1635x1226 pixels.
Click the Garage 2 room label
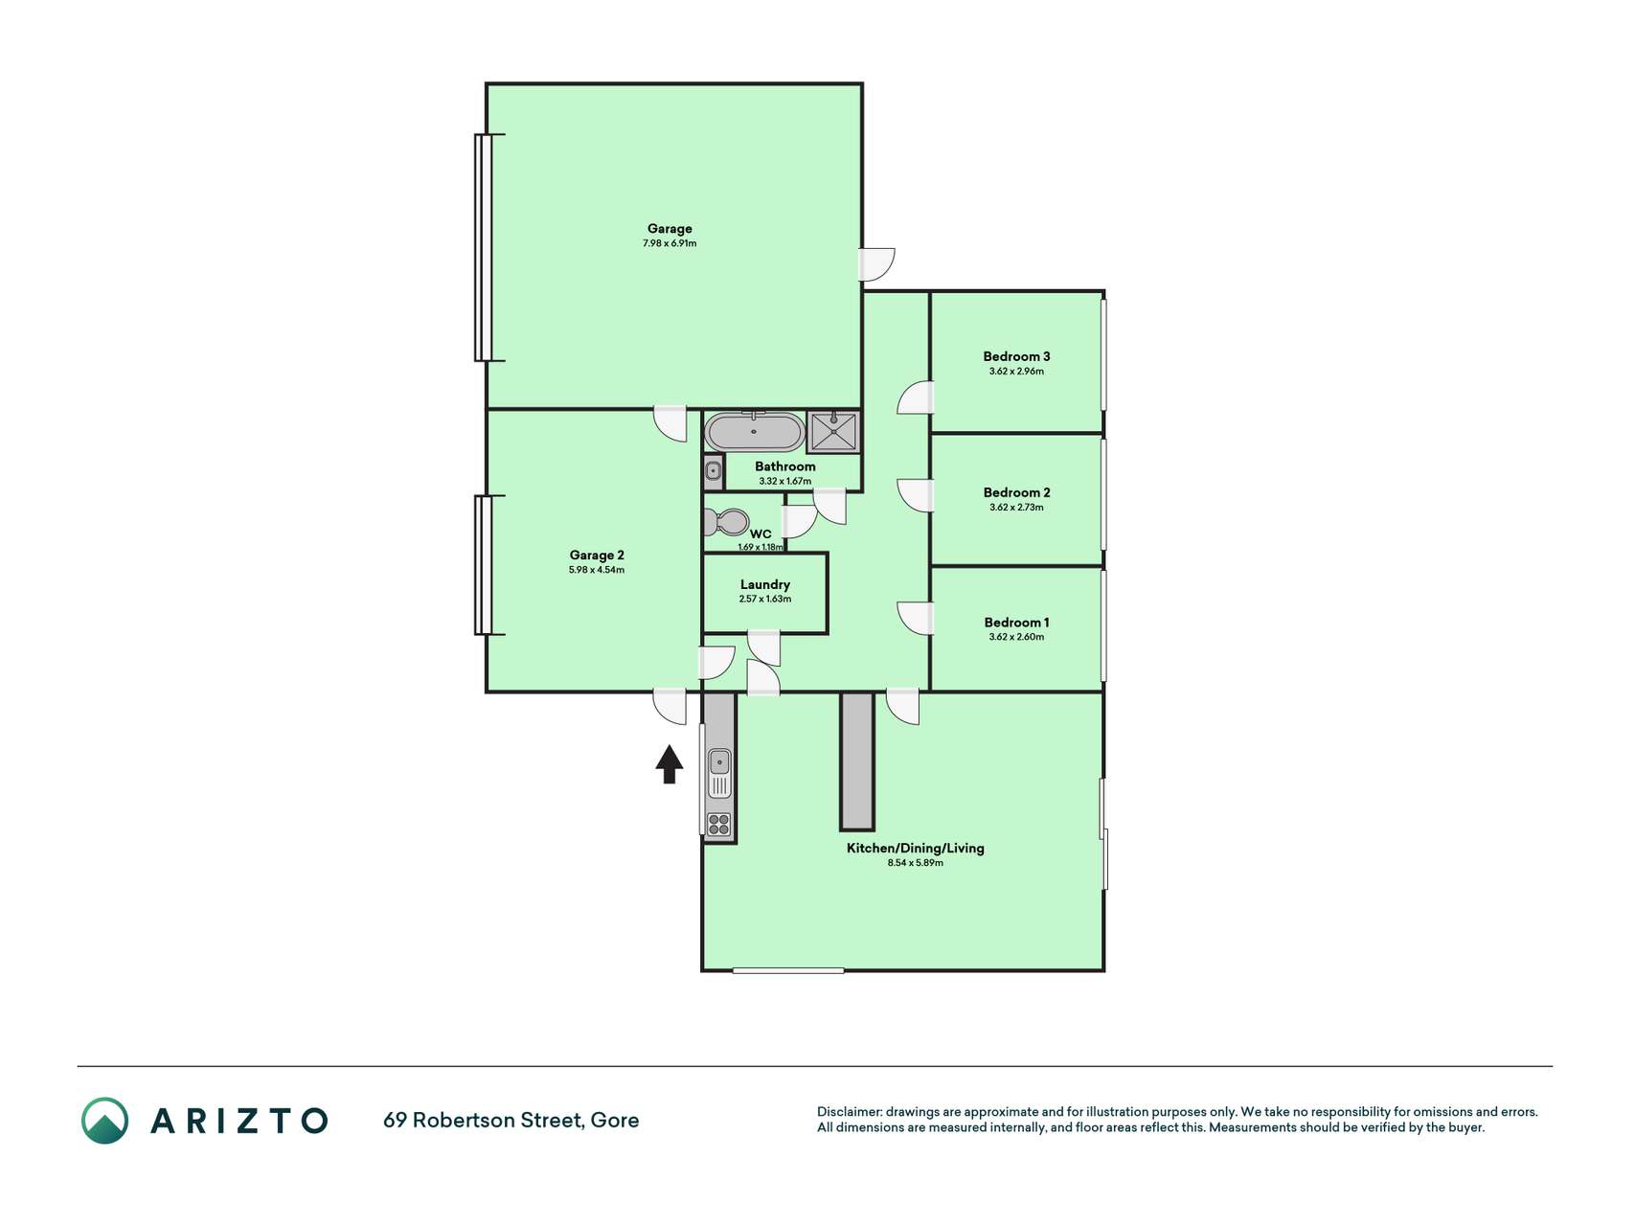(597, 555)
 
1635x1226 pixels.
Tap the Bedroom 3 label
(1016, 356)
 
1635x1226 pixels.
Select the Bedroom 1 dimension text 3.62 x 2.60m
(1016, 637)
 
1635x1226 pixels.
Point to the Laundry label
(765, 584)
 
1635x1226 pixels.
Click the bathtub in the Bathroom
(754, 432)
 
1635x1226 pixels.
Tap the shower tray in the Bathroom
(833, 432)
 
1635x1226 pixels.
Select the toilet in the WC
(726, 523)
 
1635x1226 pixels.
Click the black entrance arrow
(670, 764)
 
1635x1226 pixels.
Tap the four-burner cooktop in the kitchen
(718, 824)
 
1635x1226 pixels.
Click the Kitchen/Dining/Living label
(915, 848)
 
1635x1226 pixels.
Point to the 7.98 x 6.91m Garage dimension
(670, 243)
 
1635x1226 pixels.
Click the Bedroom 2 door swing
(915, 495)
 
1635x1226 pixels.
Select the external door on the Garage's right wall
(876, 264)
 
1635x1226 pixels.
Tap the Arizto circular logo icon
(104, 1121)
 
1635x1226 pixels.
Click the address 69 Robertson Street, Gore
(511, 1120)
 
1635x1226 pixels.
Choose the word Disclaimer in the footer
(849, 1112)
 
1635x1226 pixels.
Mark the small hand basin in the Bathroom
(714, 471)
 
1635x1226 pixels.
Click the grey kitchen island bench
(857, 761)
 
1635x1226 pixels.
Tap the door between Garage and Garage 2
(670, 422)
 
